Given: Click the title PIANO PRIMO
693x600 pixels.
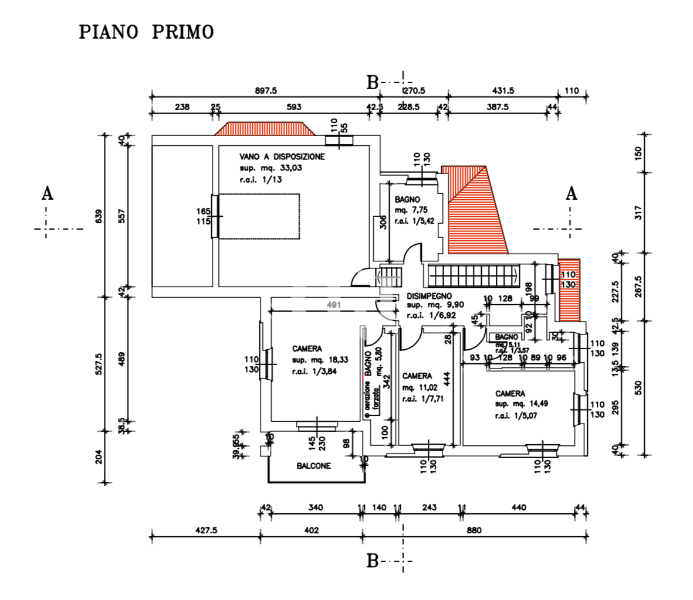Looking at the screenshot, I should tap(146, 32).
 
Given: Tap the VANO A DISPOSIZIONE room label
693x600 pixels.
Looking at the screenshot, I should tap(282, 157).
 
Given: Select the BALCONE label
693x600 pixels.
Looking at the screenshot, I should tap(313, 466).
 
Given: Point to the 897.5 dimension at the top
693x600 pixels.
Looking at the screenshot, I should tap(265, 91).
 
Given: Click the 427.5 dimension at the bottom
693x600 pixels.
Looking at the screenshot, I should tap(206, 530).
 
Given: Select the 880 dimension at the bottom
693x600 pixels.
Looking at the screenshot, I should tap(474, 530).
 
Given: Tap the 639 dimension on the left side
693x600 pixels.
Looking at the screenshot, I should tap(99, 216).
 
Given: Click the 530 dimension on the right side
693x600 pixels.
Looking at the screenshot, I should tap(639, 387).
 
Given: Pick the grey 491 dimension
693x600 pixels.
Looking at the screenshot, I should tap(334, 305).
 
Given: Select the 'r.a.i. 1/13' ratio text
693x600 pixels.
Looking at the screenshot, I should tap(261, 180).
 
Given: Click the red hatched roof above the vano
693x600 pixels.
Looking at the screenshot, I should tap(262, 128).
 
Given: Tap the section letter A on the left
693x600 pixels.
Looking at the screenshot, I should tap(48, 193).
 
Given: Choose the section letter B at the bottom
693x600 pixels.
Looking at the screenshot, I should tap(372, 561).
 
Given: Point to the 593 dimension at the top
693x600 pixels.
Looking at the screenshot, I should tap(293, 107).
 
